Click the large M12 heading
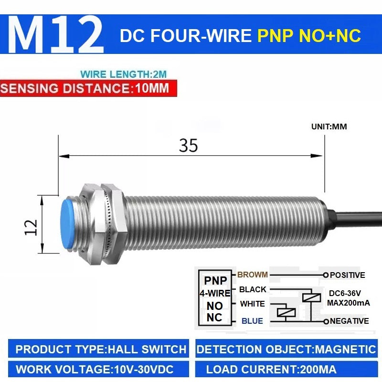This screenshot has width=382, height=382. point(56,34)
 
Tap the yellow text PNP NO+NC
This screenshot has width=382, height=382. point(309,36)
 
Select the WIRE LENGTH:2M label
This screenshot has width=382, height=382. point(124,74)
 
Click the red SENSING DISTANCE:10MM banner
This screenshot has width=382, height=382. point(88,88)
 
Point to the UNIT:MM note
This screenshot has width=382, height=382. point(329,127)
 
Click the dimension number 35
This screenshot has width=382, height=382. point(188,146)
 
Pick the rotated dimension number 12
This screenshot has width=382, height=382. point(31,227)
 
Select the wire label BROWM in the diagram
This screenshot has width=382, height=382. point(253,275)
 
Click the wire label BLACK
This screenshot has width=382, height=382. point(253,289)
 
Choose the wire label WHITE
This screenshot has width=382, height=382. point(253,304)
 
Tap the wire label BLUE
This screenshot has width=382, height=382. point(252,321)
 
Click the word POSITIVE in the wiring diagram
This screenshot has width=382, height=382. point(348,275)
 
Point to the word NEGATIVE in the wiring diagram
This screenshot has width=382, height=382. point(350,321)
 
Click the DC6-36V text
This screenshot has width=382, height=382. point(345,293)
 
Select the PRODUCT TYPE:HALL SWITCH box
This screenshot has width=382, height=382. point(98,349)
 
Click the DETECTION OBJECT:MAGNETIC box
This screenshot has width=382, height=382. point(286,349)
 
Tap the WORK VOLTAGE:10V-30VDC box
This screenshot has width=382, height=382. point(98,369)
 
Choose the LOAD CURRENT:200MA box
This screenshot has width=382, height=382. point(286,369)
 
